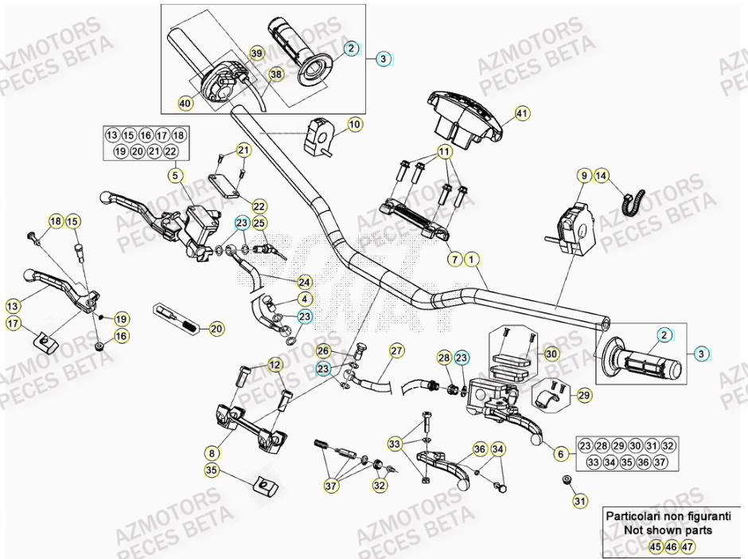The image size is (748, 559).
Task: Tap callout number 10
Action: (354, 125)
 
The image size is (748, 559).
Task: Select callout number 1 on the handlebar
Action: (472, 259)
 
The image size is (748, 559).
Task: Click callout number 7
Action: (453, 259)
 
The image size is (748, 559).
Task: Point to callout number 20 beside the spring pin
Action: (216, 327)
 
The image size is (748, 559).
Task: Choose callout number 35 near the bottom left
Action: (211, 471)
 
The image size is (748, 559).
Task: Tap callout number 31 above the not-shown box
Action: (579, 501)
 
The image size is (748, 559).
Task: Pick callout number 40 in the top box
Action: (185, 103)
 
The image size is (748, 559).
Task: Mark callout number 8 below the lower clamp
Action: (211, 452)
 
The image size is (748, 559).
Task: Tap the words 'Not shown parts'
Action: (656, 530)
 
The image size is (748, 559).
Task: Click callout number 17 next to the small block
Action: (14, 323)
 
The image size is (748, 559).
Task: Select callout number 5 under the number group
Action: (175, 174)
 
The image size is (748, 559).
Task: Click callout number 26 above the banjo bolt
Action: (322, 350)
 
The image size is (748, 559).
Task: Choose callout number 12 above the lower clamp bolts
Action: (275, 364)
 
